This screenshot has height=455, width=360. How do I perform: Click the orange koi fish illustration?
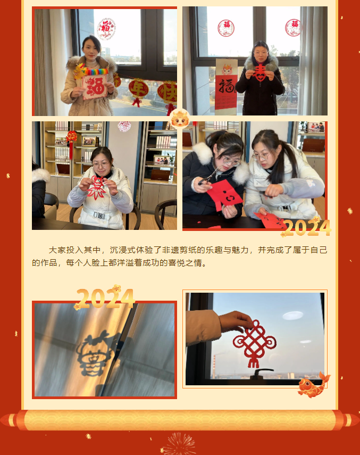[x=313, y=385]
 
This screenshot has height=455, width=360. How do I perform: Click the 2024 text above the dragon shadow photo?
[x=105, y=299]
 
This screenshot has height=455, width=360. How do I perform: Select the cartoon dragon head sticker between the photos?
[x=180, y=118]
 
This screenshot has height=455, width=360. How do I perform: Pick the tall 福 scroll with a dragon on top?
[x=226, y=85]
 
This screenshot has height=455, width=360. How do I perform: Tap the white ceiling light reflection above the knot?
[x=293, y=316]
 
